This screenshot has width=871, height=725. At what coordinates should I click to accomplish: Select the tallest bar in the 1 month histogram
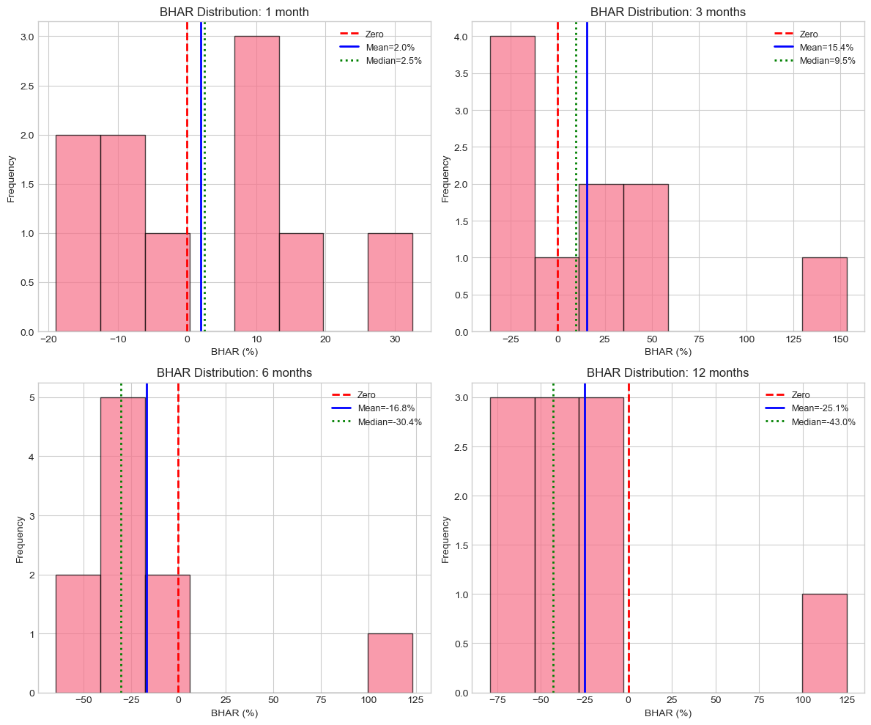[256, 183]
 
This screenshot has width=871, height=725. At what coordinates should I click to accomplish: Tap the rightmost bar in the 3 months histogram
[824, 295]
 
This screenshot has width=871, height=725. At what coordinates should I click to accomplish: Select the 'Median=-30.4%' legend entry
[391, 422]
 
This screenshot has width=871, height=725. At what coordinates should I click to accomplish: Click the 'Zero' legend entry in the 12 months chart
[801, 395]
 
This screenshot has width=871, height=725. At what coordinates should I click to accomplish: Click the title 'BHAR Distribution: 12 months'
[667, 373]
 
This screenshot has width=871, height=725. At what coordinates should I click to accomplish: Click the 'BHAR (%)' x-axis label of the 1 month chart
[234, 352]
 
